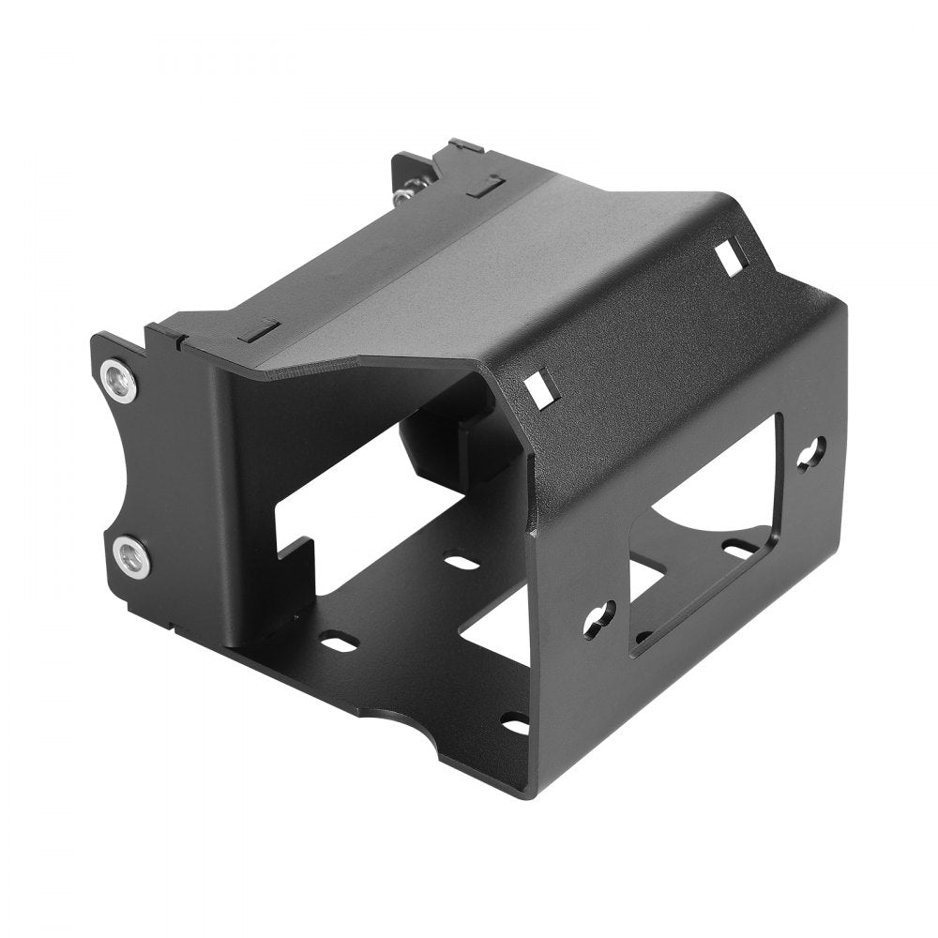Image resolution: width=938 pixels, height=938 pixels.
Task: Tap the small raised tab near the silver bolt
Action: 484,187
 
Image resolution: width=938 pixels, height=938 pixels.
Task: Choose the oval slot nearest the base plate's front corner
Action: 514,725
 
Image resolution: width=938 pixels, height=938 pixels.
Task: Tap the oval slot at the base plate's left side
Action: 339,643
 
